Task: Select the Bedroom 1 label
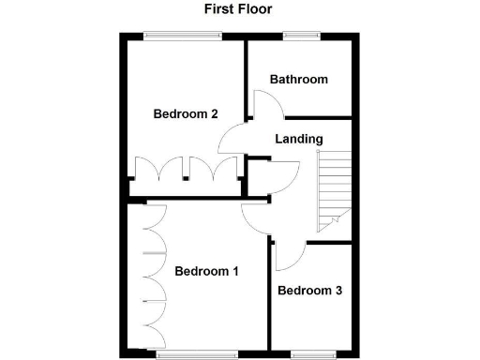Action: click(206, 272)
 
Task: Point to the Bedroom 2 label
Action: click(186, 114)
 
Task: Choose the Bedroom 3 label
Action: click(309, 291)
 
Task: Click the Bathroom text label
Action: click(299, 80)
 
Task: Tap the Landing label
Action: click(299, 140)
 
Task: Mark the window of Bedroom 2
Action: click(183, 36)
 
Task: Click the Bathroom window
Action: click(300, 36)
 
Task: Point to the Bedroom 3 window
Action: click(311, 353)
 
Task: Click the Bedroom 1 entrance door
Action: click(255, 217)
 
